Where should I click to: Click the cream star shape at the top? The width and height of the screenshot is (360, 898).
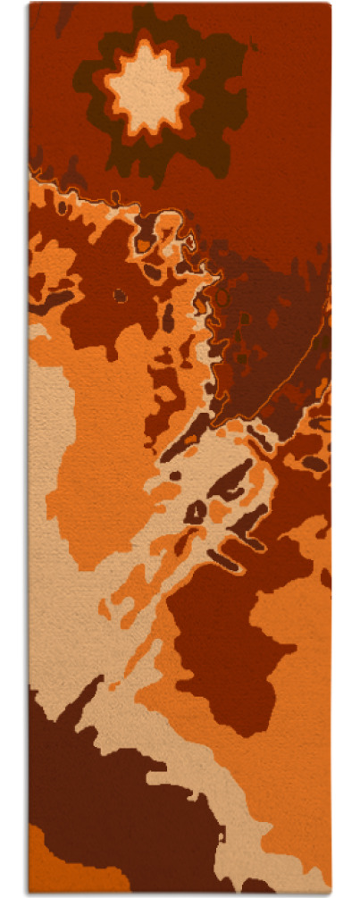tap(148, 88)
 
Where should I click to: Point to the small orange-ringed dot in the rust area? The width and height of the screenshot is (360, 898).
tap(120, 294)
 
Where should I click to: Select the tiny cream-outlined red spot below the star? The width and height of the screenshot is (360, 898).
tap(190, 241)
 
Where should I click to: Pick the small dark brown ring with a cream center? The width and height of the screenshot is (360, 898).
tap(196, 511)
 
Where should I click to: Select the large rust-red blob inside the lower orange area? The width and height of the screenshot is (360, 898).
tap(223, 643)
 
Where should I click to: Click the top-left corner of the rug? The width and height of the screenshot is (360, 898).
tap(29, 4)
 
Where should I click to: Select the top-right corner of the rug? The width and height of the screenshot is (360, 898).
tap(330, 4)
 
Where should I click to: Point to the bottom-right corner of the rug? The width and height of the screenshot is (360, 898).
tap(330, 891)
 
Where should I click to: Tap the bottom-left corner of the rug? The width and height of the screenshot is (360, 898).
tap(29, 891)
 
